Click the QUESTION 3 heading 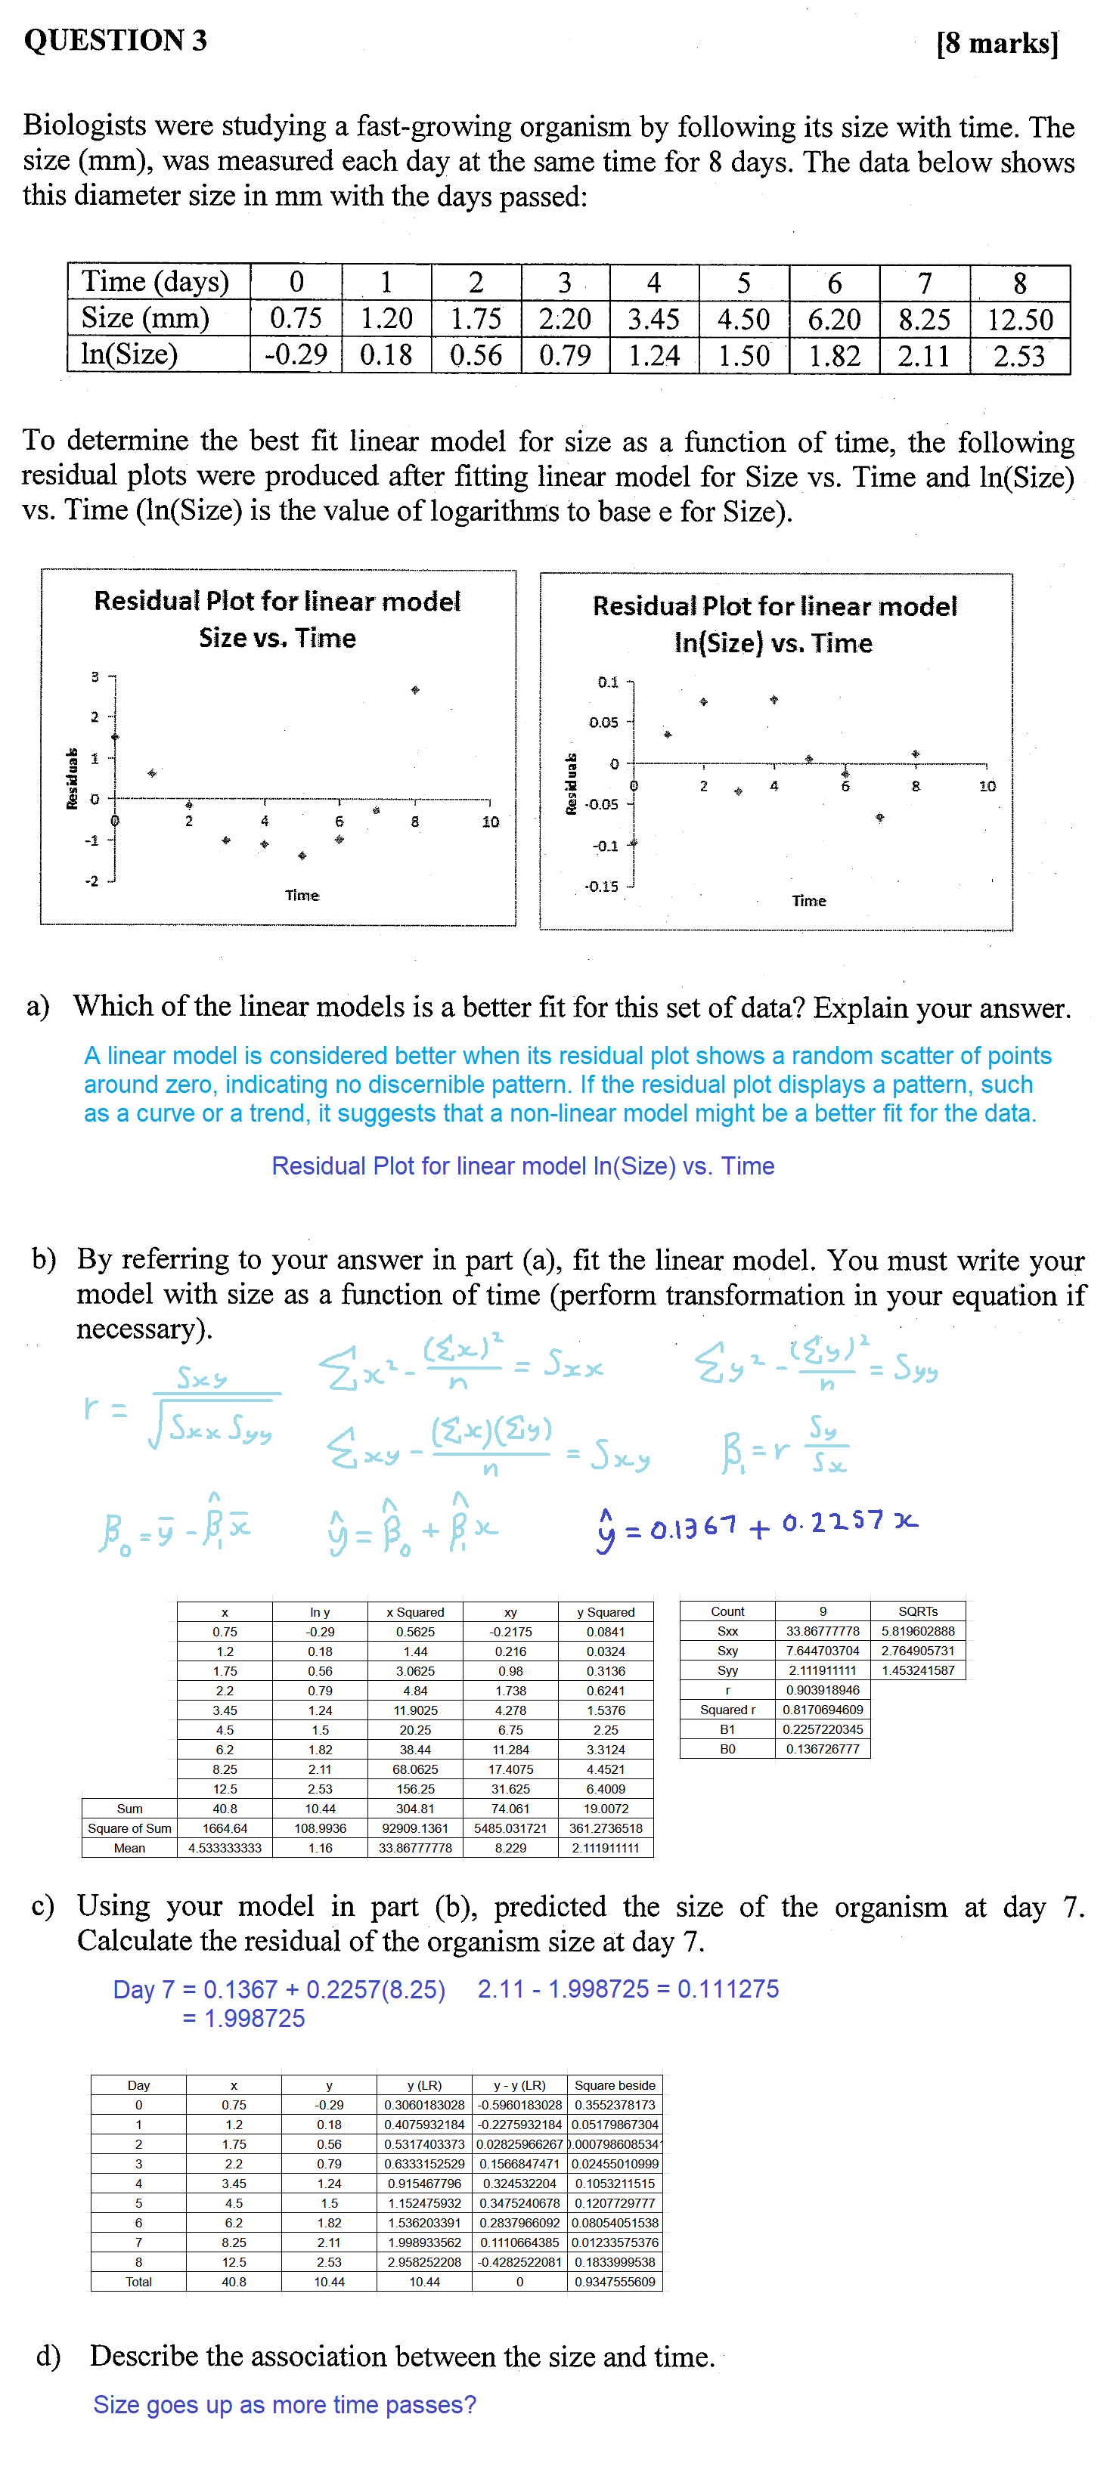click(115, 40)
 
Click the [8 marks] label click(997, 43)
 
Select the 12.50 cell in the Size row click(1020, 320)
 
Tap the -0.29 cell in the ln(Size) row click(296, 355)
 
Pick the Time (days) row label click(156, 282)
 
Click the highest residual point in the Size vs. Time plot click(415, 690)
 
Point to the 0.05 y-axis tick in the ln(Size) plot click(604, 722)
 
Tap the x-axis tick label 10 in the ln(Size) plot click(987, 786)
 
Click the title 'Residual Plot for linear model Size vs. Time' click(277, 619)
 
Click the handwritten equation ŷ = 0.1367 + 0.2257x click(757, 1524)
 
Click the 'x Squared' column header click(415, 1612)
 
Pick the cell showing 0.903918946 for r click(823, 1690)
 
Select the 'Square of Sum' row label click(129, 1828)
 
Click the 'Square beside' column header click(615, 2085)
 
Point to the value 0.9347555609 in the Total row click(615, 2281)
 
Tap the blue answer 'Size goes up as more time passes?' click(284, 2404)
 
